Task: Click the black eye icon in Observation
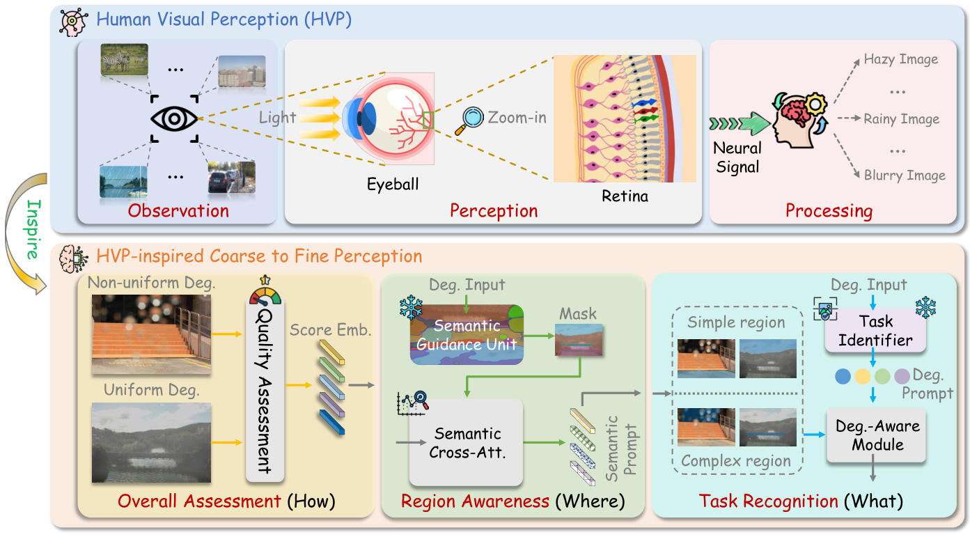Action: pyautogui.click(x=174, y=118)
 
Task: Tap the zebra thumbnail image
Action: pyautogui.click(x=124, y=59)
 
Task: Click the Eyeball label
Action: pyautogui.click(x=393, y=185)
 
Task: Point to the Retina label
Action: pyautogui.click(x=625, y=196)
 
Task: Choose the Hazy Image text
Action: pyautogui.click(x=900, y=60)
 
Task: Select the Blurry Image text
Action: pyautogui.click(x=905, y=176)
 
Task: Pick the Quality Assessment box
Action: pyautogui.click(x=264, y=390)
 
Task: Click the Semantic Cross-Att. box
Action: pyautogui.click(x=465, y=442)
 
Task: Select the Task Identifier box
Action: pyautogui.click(x=875, y=332)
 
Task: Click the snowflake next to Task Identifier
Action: pyautogui.click(x=925, y=306)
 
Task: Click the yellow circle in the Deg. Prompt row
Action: pyautogui.click(x=863, y=377)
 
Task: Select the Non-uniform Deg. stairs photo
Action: pyautogui.click(x=151, y=334)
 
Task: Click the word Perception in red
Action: pyautogui.click(x=493, y=210)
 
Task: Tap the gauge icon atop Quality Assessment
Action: pyautogui.click(x=264, y=291)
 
